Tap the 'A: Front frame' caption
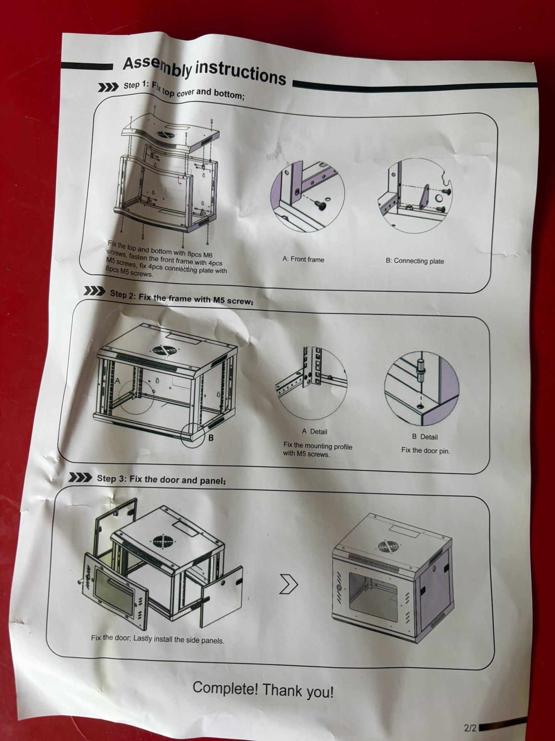click(x=303, y=259)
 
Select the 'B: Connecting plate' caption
click(x=414, y=261)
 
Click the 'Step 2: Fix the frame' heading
click(x=182, y=297)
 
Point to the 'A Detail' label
click(x=314, y=431)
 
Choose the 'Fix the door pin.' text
click(x=425, y=450)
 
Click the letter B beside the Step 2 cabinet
click(x=211, y=438)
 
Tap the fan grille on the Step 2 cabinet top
click(x=163, y=350)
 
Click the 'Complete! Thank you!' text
click(x=263, y=690)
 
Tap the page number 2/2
click(x=470, y=728)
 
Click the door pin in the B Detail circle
click(x=420, y=370)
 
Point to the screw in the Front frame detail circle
click(x=321, y=206)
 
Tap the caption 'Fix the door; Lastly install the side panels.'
click(x=157, y=639)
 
